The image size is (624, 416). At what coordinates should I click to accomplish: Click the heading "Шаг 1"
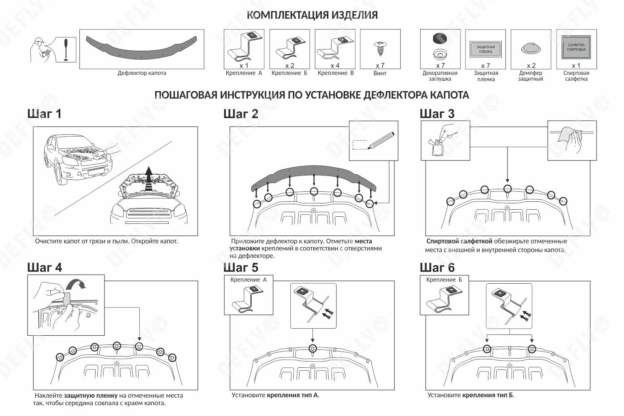click(44, 114)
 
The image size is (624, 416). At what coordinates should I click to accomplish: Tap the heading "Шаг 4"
click(45, 267)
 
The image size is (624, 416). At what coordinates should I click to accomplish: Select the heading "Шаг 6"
click(437, 267)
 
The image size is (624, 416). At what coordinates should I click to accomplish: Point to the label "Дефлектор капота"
click(141, 73)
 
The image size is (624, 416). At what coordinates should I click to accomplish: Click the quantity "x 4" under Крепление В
click(335, 65)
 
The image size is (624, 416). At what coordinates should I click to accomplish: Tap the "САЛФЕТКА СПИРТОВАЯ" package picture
click(576, 47)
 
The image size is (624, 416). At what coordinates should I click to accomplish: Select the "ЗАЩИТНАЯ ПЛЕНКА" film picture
click(485, 49)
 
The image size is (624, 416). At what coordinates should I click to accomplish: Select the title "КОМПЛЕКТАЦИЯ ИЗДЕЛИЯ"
click(312, 15)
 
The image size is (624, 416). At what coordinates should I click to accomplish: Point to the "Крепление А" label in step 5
click(248, 280)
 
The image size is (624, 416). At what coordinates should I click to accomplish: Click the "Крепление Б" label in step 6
click(444, 280)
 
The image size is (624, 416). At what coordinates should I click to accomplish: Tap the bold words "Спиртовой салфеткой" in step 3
click(459, 241)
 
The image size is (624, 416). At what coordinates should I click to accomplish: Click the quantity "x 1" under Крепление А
click(244, 65)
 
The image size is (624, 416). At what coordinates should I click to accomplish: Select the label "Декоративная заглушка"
click(440, 76)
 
